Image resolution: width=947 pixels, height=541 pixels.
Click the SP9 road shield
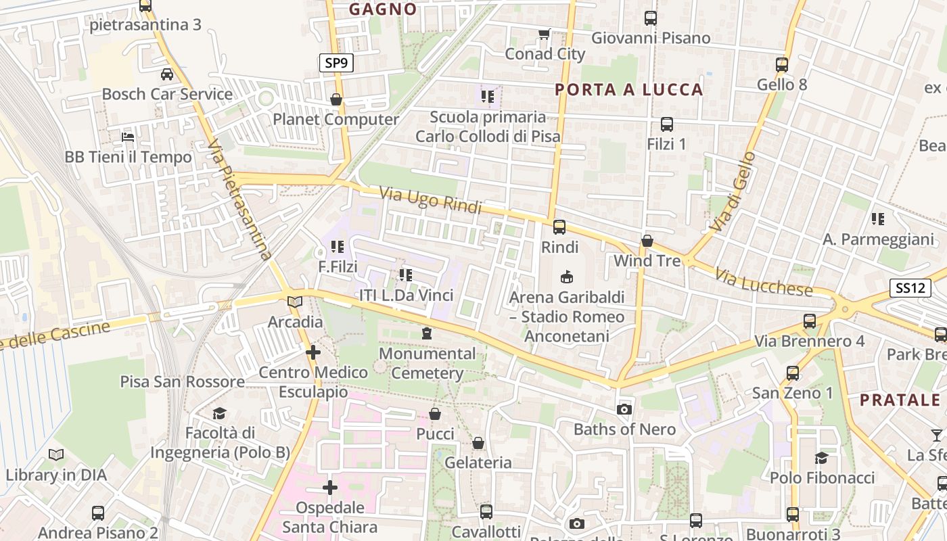[x=336, y=64]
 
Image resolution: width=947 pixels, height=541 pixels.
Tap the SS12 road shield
[x=910, y=288]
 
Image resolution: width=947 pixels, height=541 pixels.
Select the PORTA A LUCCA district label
[x=629, y=89]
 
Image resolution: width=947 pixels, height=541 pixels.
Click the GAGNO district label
[x=383, y=9]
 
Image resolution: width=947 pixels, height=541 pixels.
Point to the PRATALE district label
[x=900, y=400]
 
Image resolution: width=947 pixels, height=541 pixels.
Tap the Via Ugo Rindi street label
[x=430, y=200]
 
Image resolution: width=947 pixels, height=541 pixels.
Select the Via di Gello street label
[x=735, y=192]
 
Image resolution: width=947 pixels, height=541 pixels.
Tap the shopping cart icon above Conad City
[x=544, y=34]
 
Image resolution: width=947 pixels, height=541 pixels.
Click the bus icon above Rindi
[x=559, y=227]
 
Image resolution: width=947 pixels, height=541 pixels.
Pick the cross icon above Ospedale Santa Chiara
[x=330, y=488]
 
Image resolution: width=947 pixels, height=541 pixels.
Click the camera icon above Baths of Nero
[x=624, y=409]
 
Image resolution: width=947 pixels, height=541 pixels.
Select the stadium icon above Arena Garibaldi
[x=567, y=277]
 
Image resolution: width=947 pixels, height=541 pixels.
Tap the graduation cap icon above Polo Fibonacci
[x=821, y=458]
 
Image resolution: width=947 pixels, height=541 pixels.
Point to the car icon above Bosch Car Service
[x=166, y=74]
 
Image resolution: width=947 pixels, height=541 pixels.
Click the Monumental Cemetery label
[x=427, y=363]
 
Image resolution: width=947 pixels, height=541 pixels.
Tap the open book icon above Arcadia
[x=295, y=302]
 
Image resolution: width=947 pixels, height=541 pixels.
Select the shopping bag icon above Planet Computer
[x=336, y=100]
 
